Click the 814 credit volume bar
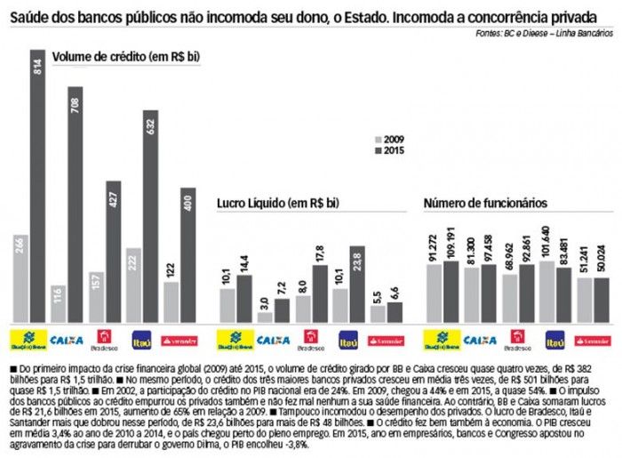[38, 187]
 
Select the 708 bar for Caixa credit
[76, 205]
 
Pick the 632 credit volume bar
[151, 217]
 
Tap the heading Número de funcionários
[485, 203]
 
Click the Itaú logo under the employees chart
[555, 339]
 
